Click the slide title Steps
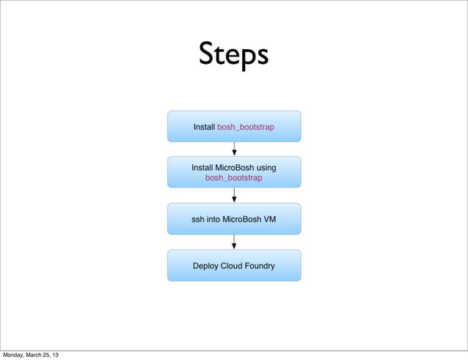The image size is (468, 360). coord(233,55)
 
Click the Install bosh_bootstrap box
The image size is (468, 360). coord(234,126)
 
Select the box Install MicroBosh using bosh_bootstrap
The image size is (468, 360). coord(234,172)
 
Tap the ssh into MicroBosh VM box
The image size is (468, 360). coord(234,218)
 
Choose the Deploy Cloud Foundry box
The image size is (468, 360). coord(234,265)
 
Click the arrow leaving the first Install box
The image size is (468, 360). coord(234,149)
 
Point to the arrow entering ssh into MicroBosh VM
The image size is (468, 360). coord(234,195)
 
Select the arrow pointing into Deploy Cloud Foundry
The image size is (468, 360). coord(234,242)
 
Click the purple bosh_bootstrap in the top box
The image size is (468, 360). coord(246,127)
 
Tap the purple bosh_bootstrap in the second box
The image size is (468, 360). coord(233,177)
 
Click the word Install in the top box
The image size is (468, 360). coord(204,127)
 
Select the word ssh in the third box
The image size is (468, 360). coord(199,218)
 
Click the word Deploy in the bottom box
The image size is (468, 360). coord(206,265)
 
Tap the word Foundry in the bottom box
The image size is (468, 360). coord(260,265)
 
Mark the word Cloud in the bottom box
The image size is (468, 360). coord(233,265)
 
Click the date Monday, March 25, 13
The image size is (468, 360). coord(30,355)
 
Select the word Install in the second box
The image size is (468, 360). coord(202,167)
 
